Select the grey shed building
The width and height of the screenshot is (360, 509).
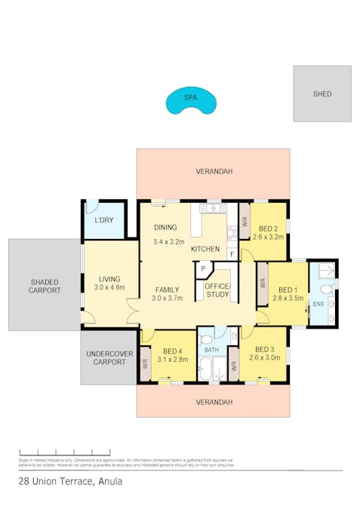(322, 94)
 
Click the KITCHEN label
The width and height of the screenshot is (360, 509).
(205, 249)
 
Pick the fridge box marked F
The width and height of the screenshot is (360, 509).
(232, 253)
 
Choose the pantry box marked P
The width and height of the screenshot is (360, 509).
(202, 268)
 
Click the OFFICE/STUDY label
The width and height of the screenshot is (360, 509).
(217, 290)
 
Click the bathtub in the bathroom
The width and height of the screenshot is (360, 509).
(205, 370)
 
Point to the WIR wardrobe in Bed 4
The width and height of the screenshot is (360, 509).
(146, 363)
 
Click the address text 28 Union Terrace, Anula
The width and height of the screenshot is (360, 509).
(69, 480)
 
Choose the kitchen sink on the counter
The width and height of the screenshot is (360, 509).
(214, 207)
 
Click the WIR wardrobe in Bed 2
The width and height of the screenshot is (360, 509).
(245, 222)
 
